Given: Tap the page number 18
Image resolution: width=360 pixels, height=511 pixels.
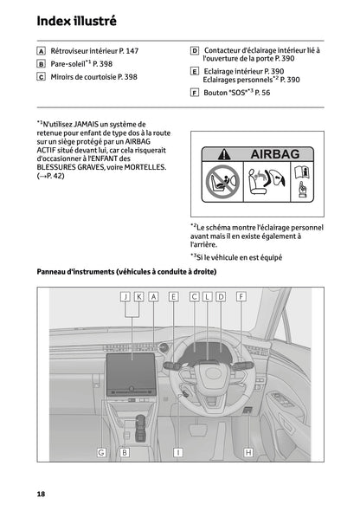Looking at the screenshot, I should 41,493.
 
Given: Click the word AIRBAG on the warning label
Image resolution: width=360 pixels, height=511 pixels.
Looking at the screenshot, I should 277,154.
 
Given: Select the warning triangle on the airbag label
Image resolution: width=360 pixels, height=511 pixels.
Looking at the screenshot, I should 224,154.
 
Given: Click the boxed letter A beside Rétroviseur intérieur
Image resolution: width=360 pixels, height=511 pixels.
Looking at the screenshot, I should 41,51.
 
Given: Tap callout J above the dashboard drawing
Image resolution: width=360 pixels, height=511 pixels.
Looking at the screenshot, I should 125,296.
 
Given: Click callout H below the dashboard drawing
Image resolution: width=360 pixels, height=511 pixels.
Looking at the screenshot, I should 248,452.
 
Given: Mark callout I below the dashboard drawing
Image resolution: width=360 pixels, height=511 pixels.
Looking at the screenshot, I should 178,452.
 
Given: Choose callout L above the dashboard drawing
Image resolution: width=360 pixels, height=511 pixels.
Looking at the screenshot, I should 208,296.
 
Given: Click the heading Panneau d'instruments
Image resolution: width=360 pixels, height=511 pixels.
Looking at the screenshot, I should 126,272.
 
